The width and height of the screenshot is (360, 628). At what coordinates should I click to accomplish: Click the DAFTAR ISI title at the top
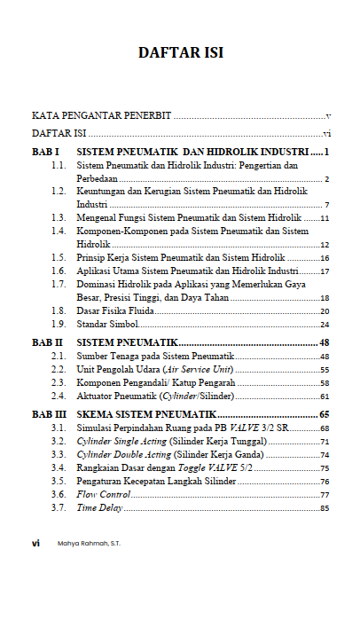pyautogui.click(x=180, y=52)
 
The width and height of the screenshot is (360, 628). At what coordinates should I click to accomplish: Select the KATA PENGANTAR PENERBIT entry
pyautogui.click(x=102, y=116)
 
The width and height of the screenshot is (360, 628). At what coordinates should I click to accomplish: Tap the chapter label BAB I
pyautogui.click(x=45, y=153)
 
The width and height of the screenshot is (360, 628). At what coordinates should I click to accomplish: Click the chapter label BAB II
pyautogui.click(x=47, y=341)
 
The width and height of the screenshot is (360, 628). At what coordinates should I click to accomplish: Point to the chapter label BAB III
pyautogui.click(x=49, y=414)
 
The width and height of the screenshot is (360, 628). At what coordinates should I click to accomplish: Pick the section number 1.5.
pyautogui.click(x=59, y=257)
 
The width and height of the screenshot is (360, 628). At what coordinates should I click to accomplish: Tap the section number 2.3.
pyautogui.click(x=59, y=382)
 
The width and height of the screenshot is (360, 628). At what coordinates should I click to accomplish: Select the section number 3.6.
pyautogui.click(x=59, y=495)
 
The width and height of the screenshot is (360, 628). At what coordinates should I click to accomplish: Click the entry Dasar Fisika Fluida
pyautogui.click(x=115, y=311)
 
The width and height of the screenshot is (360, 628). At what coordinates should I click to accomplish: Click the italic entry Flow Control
pyautogui.click(x=103, y=495)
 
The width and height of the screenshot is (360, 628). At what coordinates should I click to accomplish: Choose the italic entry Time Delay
pyautogui.click(x=98, y=508)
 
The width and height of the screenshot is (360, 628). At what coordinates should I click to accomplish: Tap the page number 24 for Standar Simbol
pyautogui.click(x=325, y=326)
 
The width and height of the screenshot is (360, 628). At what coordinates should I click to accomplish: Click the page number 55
pyautogui.click(x=325, y=370)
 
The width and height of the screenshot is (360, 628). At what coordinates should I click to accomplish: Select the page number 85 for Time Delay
pyautogui.click(x=325, y=509)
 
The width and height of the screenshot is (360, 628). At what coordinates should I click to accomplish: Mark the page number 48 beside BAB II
pyautogui.click(x=324, y=341)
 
